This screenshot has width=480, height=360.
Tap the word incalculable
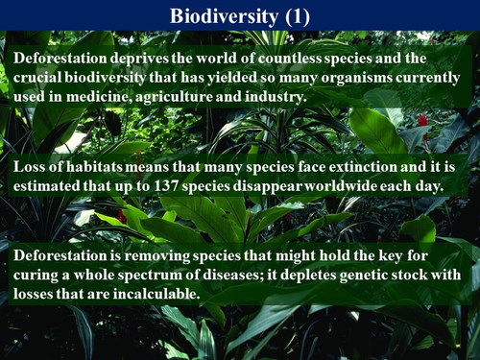tap(154, 293)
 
